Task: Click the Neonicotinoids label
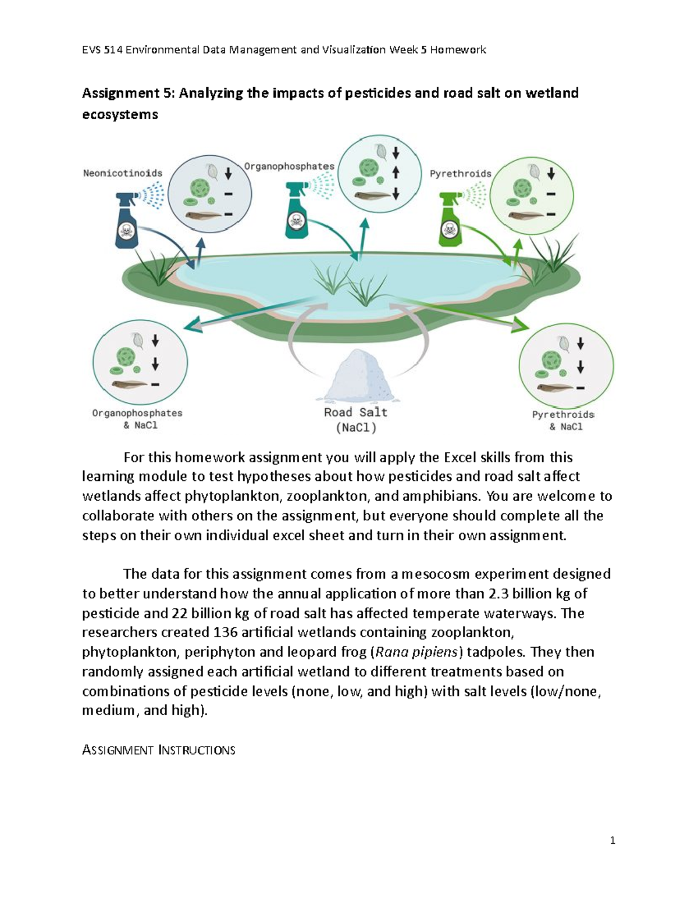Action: coord(122,173)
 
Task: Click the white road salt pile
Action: coord(354,375)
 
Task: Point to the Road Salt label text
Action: coord(355,412)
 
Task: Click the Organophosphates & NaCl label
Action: coord(137,419)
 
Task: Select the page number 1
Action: coord(612,840)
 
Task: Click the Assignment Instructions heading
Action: coord(159,750)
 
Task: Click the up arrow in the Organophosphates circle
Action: coord(396,172)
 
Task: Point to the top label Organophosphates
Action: coord(289,166)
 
